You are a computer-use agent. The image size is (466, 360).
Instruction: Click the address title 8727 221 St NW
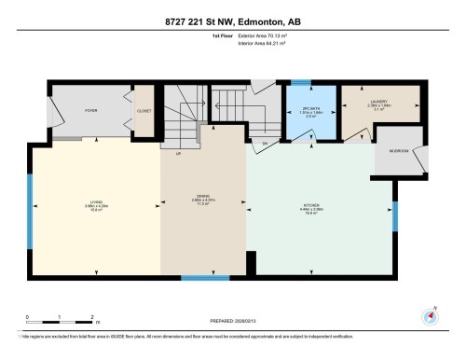pyautogui.click(x=232, y=20)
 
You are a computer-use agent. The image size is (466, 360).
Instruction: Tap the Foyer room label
pyautogui.click(x=91, y=110)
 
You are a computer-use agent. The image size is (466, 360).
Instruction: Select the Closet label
pyautogui.click(x=144, y=110)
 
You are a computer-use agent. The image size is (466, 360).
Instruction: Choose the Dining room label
pyautogui.click(x=203, y=198)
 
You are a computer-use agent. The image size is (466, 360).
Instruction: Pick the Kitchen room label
pyautogui.click(x=311, y=207)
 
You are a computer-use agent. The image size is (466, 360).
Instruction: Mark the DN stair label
pyautogui.click(x=265, y=143)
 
